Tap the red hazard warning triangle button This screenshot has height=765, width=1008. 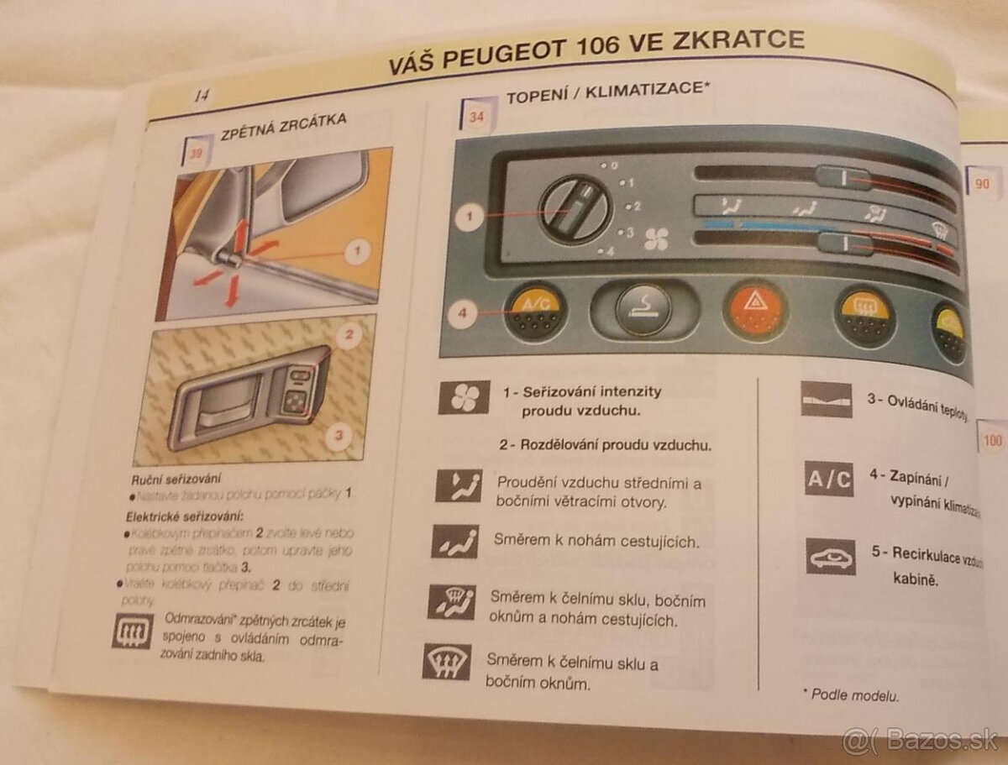pyautogui.click(x=754, y=312)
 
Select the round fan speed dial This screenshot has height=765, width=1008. pyautogui.click(x=575, y=209)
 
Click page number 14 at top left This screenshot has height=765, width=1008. pyautogui.click(x=201, y=96)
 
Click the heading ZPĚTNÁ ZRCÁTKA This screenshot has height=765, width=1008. pyautogui.click(x=281, y=124)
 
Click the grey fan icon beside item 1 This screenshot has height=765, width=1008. pyautogui.click(x=464, y=396)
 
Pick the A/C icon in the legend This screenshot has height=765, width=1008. pyautogui.click(x=828, y=479)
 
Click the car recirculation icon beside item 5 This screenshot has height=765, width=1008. pyautogui.click(x=831, y=557)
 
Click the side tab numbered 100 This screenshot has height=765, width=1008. pyautogui.click(x=992, y=440)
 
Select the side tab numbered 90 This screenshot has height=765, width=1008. pyautogui.click(x=982, y=182)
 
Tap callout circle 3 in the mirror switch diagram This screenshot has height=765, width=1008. pyautogui.click(x=339, y=435)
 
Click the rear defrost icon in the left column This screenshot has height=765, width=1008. pyautogui.click(x=132, y=632)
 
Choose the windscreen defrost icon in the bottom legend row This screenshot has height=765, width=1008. pyautogui.click(x=445, y=661)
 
